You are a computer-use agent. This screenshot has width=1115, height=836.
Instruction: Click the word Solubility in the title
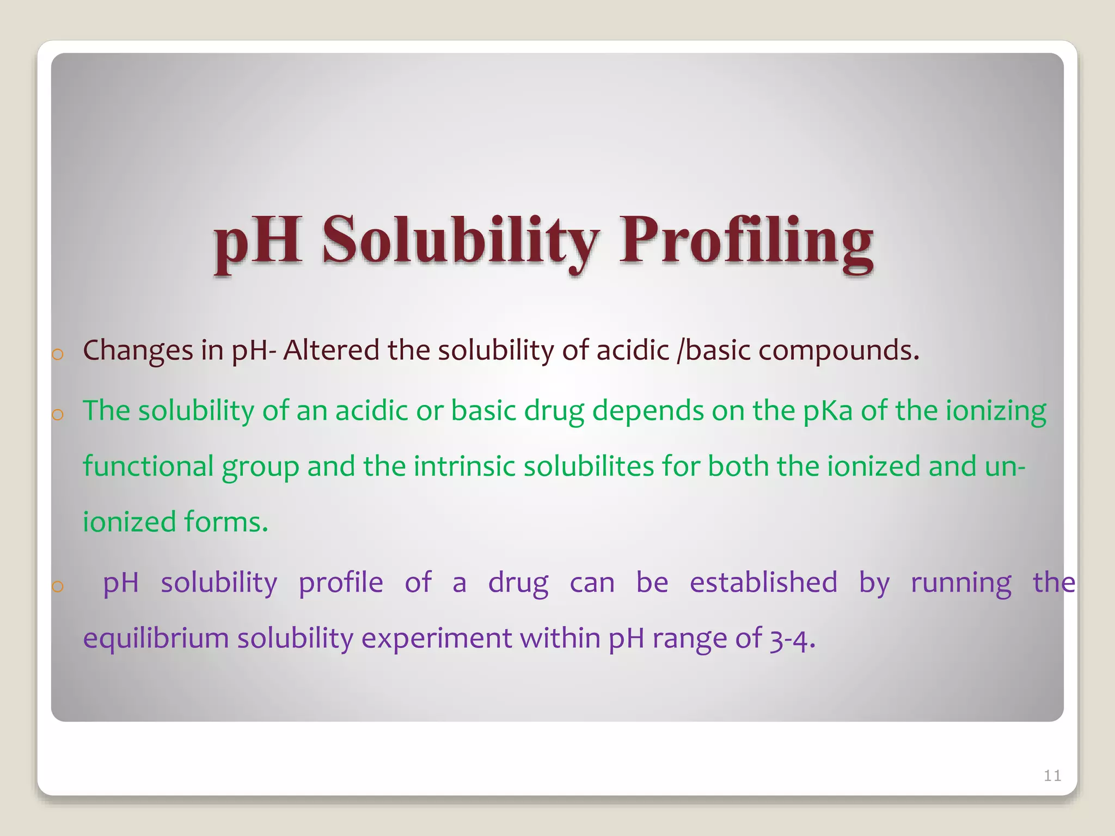pyautogui.click(x=460, y=240)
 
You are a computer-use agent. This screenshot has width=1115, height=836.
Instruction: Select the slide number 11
pyautogui.click(x=1052, y=776)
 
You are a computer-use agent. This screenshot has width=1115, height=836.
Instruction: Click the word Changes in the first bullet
pyautogui.click(x=138, y=351)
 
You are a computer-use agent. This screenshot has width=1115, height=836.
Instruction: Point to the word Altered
pyautogui.click(x=331, y=349)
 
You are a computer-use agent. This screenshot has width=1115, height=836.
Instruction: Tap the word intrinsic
pyautogui.click(x=464, y=466)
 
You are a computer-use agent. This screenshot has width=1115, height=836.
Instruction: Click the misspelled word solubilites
pyautogui.click(x=589, y=466)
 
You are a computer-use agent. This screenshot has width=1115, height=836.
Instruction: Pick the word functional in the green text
pyautogui.click(x=148, y=466)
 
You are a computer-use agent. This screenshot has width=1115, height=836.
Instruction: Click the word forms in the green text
pyautogui.click(x=225, y=522)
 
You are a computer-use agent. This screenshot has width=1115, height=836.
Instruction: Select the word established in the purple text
pyautogui.click(x=763, y=582)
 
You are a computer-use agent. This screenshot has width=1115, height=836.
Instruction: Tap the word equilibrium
pyautogui.click(x=156, y=638)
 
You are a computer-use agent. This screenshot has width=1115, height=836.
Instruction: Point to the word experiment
pyautogui.click(x=436, y=638)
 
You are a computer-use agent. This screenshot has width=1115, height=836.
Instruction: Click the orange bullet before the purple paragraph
pyautogui.click(x=58, y=587)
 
